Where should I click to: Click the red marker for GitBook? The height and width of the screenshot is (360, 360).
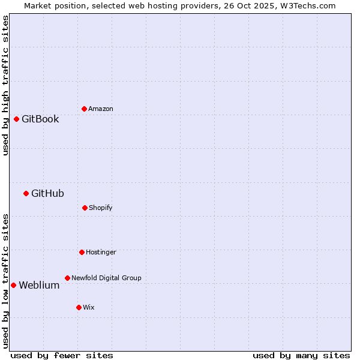click(x=16, y=119)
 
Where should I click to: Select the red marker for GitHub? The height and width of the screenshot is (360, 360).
click(x=26, y=193)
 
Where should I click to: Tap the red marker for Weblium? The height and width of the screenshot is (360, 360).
click(x=13, y=285)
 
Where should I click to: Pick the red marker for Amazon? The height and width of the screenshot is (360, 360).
click(x=84, y=109)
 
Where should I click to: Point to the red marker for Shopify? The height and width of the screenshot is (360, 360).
click(x=85, y=208)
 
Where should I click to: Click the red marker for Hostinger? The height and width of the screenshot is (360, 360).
click(x=82, y=252)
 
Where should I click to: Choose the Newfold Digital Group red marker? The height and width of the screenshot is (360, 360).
click(x=67, y=278)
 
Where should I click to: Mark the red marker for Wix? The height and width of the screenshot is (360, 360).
click(x=79, y=307)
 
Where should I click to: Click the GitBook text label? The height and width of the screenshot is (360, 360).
click(x=40, y=119)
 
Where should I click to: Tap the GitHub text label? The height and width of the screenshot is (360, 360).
click(x=47, y=193)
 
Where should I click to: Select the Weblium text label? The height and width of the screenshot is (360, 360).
click(x=39, y=285)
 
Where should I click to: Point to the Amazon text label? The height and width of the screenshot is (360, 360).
click(x=101, y=109)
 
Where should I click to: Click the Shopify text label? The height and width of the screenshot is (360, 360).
click(x=101, y=208)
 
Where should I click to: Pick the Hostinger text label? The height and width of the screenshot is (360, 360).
click(x=101, y=252)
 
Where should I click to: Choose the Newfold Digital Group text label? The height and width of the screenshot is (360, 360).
click(x=106, y=278)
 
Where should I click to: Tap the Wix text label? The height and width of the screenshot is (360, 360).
click(x=89, y=307)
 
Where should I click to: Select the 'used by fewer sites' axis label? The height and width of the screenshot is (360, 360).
click(x=62, y=355)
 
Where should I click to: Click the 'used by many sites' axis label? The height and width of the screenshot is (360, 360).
click(x=301, y=355)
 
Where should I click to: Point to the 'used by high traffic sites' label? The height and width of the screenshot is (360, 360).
click(x=5, y=86)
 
